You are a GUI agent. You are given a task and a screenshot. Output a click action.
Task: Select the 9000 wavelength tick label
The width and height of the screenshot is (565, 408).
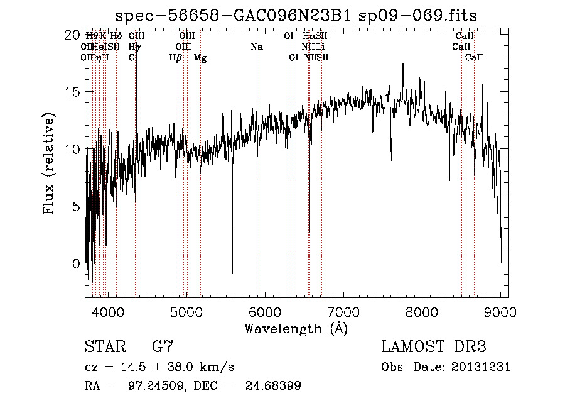pyautogui.click(x=500, y=311)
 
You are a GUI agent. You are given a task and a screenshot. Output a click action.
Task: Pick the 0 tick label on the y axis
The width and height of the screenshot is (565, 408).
pyautogui.click(x=76, y=263)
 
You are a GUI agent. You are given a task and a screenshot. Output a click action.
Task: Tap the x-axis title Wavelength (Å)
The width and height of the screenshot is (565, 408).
pyautogui.click(x=296, y=328)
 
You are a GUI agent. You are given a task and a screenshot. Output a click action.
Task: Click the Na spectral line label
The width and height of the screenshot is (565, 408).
pyautogui.click(x=256, y=47)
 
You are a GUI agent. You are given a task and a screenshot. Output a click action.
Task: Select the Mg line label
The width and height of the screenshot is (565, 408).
pyautogui.click(x=200, y=58)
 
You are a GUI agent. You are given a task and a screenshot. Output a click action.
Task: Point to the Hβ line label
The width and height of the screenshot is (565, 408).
pyautogui.click(x=176, y=58)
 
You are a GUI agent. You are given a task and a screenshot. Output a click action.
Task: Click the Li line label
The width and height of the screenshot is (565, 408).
pyautogui.click(x=321, y=47)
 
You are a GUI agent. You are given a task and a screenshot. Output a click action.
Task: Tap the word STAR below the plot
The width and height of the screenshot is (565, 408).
pyautogui.click(x=104, y=346)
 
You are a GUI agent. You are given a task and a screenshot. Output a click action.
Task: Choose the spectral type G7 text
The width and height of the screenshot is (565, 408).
pyautogui.click(x=162, y=346)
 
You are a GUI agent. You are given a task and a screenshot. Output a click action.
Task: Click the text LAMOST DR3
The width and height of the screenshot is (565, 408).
pyautogui.click(x=434, y=346)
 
